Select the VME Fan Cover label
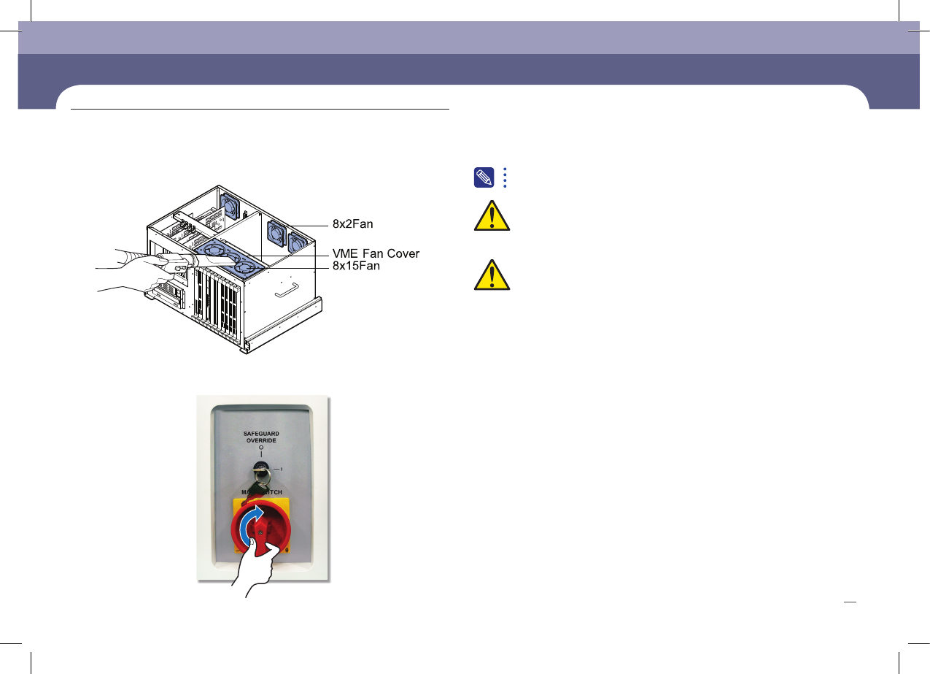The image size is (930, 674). pos(376,253)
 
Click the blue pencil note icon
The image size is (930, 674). pos(484,177)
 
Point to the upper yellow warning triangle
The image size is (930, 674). pos(491,217)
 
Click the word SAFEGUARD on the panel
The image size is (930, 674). pos(261,434)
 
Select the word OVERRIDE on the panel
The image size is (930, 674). pos(261,441)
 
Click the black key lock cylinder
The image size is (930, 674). pos(261,468)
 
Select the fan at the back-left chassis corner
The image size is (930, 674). pos(228,205)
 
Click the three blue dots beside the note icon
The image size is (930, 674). pos(505,177)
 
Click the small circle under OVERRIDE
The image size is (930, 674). pos(261,448)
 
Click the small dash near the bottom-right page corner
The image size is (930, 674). pos(849,602)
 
